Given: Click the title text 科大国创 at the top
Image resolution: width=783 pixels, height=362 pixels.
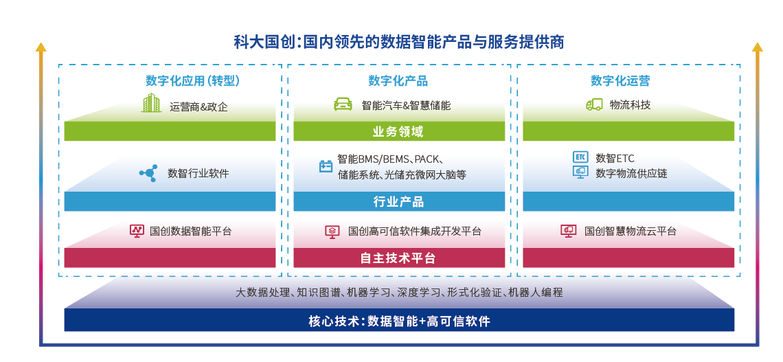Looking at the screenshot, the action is coord(264,41).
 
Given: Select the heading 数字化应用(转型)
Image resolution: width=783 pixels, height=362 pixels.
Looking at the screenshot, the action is coord(193,81).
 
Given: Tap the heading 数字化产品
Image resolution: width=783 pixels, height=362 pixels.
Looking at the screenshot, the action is coord(398,81).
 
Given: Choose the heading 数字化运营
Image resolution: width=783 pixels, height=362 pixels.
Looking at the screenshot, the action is coord(620,81).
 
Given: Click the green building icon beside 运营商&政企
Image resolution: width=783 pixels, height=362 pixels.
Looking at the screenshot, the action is coord(151,103).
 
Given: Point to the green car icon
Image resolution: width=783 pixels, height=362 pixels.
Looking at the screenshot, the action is coord(343,104).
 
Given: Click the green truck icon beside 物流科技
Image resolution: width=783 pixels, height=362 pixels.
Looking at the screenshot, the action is coord(594,104).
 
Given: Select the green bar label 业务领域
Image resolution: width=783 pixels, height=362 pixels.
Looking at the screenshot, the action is coord(398,132).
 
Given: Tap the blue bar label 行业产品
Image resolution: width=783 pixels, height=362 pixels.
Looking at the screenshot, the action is coord(398,202).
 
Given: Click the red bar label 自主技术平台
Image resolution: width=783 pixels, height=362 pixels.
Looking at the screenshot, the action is coord(398,258).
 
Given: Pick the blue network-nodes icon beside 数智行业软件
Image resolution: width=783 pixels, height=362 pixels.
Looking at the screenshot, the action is coord(148,173).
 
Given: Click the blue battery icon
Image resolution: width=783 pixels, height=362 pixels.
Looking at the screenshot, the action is coord(326,166).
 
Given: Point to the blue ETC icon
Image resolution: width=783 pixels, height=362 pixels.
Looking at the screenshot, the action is coord(580,157).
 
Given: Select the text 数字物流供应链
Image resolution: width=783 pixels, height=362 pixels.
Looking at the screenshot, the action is coord(631,174).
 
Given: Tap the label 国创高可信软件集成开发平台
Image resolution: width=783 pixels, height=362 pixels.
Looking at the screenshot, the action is coord(414,231).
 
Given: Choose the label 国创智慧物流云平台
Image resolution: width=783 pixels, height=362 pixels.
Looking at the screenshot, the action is coord(631,231).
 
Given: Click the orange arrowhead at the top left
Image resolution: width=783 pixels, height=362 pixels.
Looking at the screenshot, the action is coord(41,47).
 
